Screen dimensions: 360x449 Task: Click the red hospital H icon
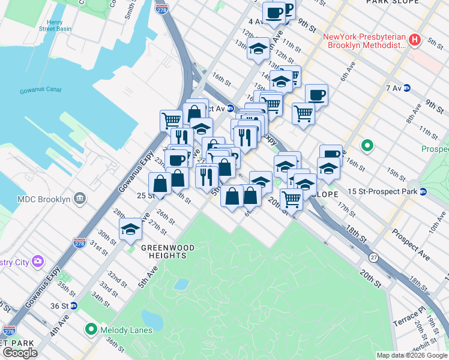pos(414,41)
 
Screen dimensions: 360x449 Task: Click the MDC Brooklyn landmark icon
pos(79,199)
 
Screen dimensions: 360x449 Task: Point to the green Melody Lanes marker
pos(91,329)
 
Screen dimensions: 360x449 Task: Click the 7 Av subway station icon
pos(406,88)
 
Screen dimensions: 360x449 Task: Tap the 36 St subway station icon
pos(74,305)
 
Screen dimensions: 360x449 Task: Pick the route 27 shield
pos(374,257)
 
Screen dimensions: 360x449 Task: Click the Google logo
pos(20,353)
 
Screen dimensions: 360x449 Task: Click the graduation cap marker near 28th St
pos(130,229)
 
